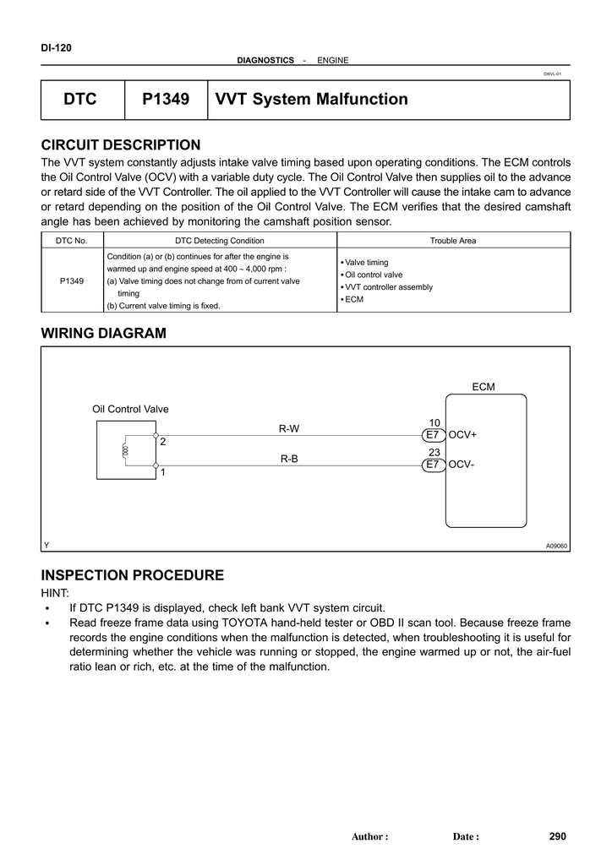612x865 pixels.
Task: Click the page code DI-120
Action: tap(57, 48)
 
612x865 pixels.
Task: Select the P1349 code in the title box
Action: tap(166, 100)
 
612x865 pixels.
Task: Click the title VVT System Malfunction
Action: tap(311, 100)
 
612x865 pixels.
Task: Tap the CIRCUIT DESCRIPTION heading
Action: tap(121, 145)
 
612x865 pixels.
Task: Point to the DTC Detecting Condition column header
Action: tap(219, 241)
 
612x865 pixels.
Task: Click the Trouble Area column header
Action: tap(453, 241)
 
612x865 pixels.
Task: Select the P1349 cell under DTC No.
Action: tap(72, 280)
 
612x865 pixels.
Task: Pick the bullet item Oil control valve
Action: tap(373, 275)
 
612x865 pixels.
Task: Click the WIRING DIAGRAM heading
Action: tap(104, 334)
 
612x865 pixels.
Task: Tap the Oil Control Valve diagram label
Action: tap(130, 409)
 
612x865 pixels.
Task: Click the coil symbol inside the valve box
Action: tap(126, 451)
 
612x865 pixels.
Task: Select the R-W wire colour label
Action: tap(289, 429)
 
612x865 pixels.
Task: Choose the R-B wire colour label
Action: tap(289, 460)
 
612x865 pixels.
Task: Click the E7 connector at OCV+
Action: tap(433, 435)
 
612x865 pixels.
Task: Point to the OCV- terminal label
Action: tap(462, 465)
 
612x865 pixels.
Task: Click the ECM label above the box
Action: tap(484, 387)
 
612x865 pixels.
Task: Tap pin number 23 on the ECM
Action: tap(434, 453)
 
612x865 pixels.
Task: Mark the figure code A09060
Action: tap(557, 547)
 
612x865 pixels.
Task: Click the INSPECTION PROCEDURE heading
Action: tap(133, 575)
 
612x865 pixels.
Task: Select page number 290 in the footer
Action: tap(557, 836)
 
